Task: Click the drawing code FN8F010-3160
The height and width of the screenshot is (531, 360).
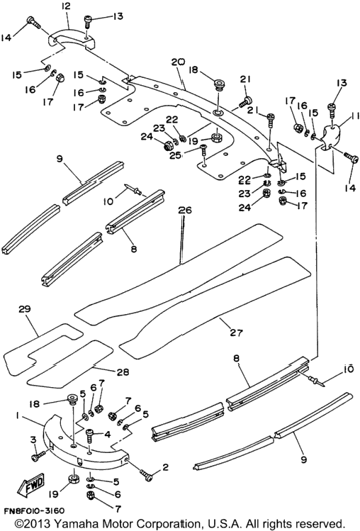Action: (x=34, y=510)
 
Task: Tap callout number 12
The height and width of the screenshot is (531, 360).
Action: (x=66, y=6)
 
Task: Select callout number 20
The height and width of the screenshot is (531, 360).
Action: (x=178, y=62)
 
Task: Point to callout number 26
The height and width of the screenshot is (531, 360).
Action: (x=185, y=210)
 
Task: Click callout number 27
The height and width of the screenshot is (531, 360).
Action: (x=236, y=332)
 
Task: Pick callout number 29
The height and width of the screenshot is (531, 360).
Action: (x=25, y=309)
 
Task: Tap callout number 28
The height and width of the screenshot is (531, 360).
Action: (x=123, y=371)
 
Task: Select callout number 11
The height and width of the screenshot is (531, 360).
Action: (x=354, y=116)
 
